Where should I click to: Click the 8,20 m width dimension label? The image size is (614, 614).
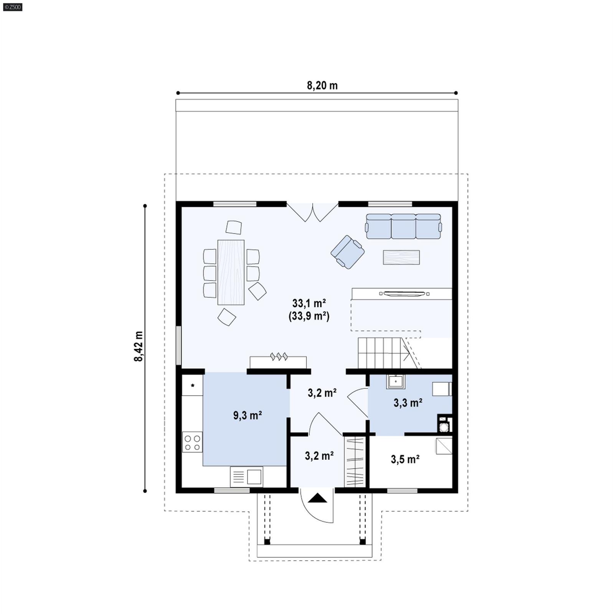[322, 86]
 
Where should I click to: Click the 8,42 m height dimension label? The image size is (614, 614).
[139, 346]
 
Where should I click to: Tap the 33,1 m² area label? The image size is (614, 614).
[309, 303]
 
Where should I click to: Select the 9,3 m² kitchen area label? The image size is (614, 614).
[248, 415]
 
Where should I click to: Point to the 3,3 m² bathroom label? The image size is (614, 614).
[408, 403]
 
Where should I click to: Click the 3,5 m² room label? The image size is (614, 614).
[405, 459]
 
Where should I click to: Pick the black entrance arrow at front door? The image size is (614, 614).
[317, 498]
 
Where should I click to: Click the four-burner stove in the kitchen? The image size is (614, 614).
[192, 442]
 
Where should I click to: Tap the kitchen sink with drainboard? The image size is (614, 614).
[246, 477]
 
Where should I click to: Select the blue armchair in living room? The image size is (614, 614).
[348, 252]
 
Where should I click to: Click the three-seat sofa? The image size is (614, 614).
[403, 226]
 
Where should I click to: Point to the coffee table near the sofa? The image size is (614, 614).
[401, 257]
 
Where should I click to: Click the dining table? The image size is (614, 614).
[231, 272]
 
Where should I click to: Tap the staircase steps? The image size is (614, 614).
[380, 353]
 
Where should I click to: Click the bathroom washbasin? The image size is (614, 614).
[395, 382]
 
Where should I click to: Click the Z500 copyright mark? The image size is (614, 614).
[12, 7]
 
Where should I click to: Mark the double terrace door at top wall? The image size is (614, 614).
[312, 212]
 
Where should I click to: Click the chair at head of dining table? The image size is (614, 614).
[234, 227]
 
